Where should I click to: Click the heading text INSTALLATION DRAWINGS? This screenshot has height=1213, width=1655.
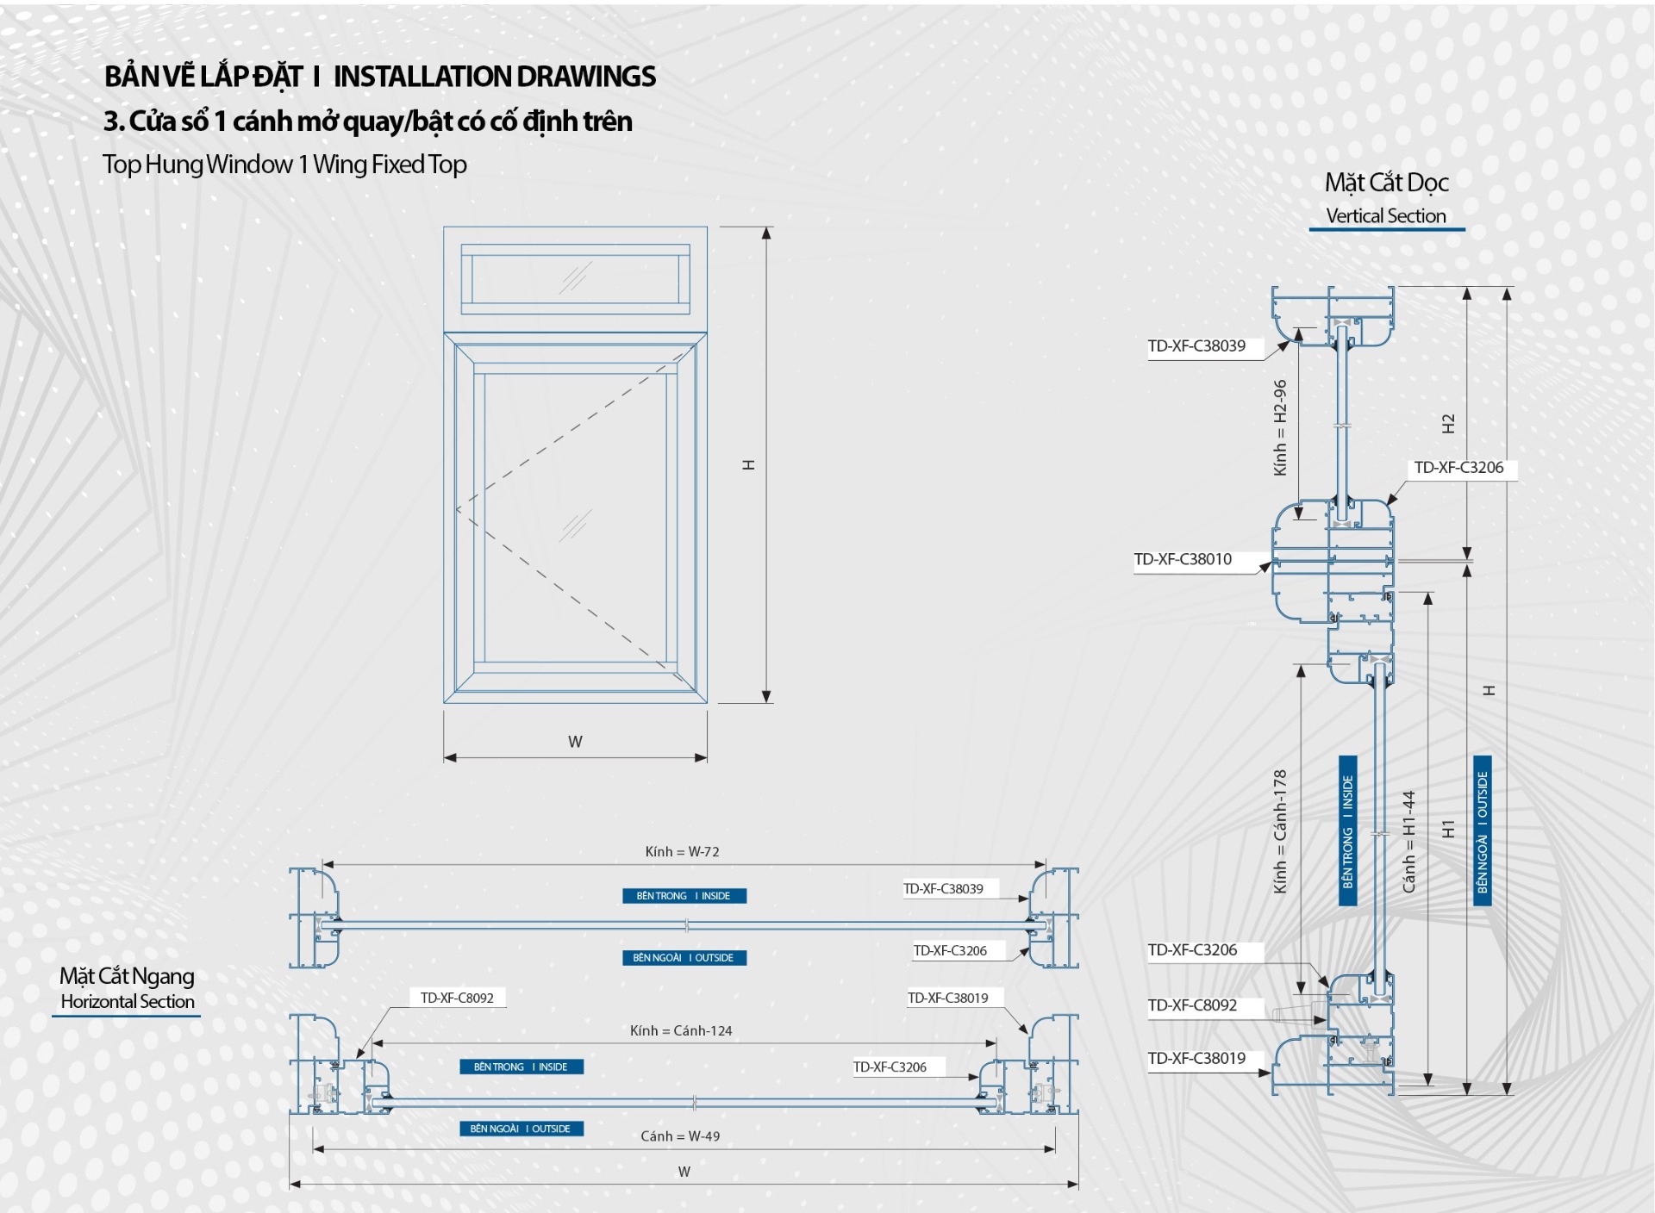click(x=494, y=77)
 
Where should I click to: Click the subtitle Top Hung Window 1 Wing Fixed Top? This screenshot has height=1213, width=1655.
click(x=284, y=165)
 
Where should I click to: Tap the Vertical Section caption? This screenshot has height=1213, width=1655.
click(x=1385, y=216)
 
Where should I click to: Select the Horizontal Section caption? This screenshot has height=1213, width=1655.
click(x=128, y=1002)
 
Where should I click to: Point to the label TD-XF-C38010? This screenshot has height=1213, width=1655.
click(x=1183, y=560)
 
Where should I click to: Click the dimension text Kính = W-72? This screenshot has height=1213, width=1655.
click(x=682, y=852)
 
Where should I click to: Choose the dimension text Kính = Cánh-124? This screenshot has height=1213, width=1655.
click(x=680, y=1031)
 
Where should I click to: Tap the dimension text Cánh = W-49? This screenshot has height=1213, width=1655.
click(x=680, y=1136)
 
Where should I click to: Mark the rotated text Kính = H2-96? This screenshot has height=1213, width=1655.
click(x=1280, y=427)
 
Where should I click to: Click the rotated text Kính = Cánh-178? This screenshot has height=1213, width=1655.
click(x=1280, y=831)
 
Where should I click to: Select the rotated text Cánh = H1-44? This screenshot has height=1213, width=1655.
click(x=1408, y=842)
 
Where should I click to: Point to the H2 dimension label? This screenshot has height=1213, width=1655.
click(x=1448, y=424)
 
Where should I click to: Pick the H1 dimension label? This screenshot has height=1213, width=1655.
click(x=1448, y=829)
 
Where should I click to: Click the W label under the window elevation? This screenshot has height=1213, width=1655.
click(x=575, y=742)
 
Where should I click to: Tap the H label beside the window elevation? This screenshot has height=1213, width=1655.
click(x=748, y=465)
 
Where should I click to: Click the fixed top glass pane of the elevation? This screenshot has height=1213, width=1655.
click(x=575, y=279)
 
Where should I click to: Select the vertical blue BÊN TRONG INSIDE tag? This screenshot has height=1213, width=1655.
click(x=1347, y=830)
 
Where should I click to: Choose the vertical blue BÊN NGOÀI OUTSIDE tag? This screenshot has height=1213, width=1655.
click(x=1482, y=830)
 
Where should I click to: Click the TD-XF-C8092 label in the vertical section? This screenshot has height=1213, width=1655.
click(x=1192, y=1005)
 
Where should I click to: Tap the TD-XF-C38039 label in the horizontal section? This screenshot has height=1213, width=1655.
click(x=943, y=889)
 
